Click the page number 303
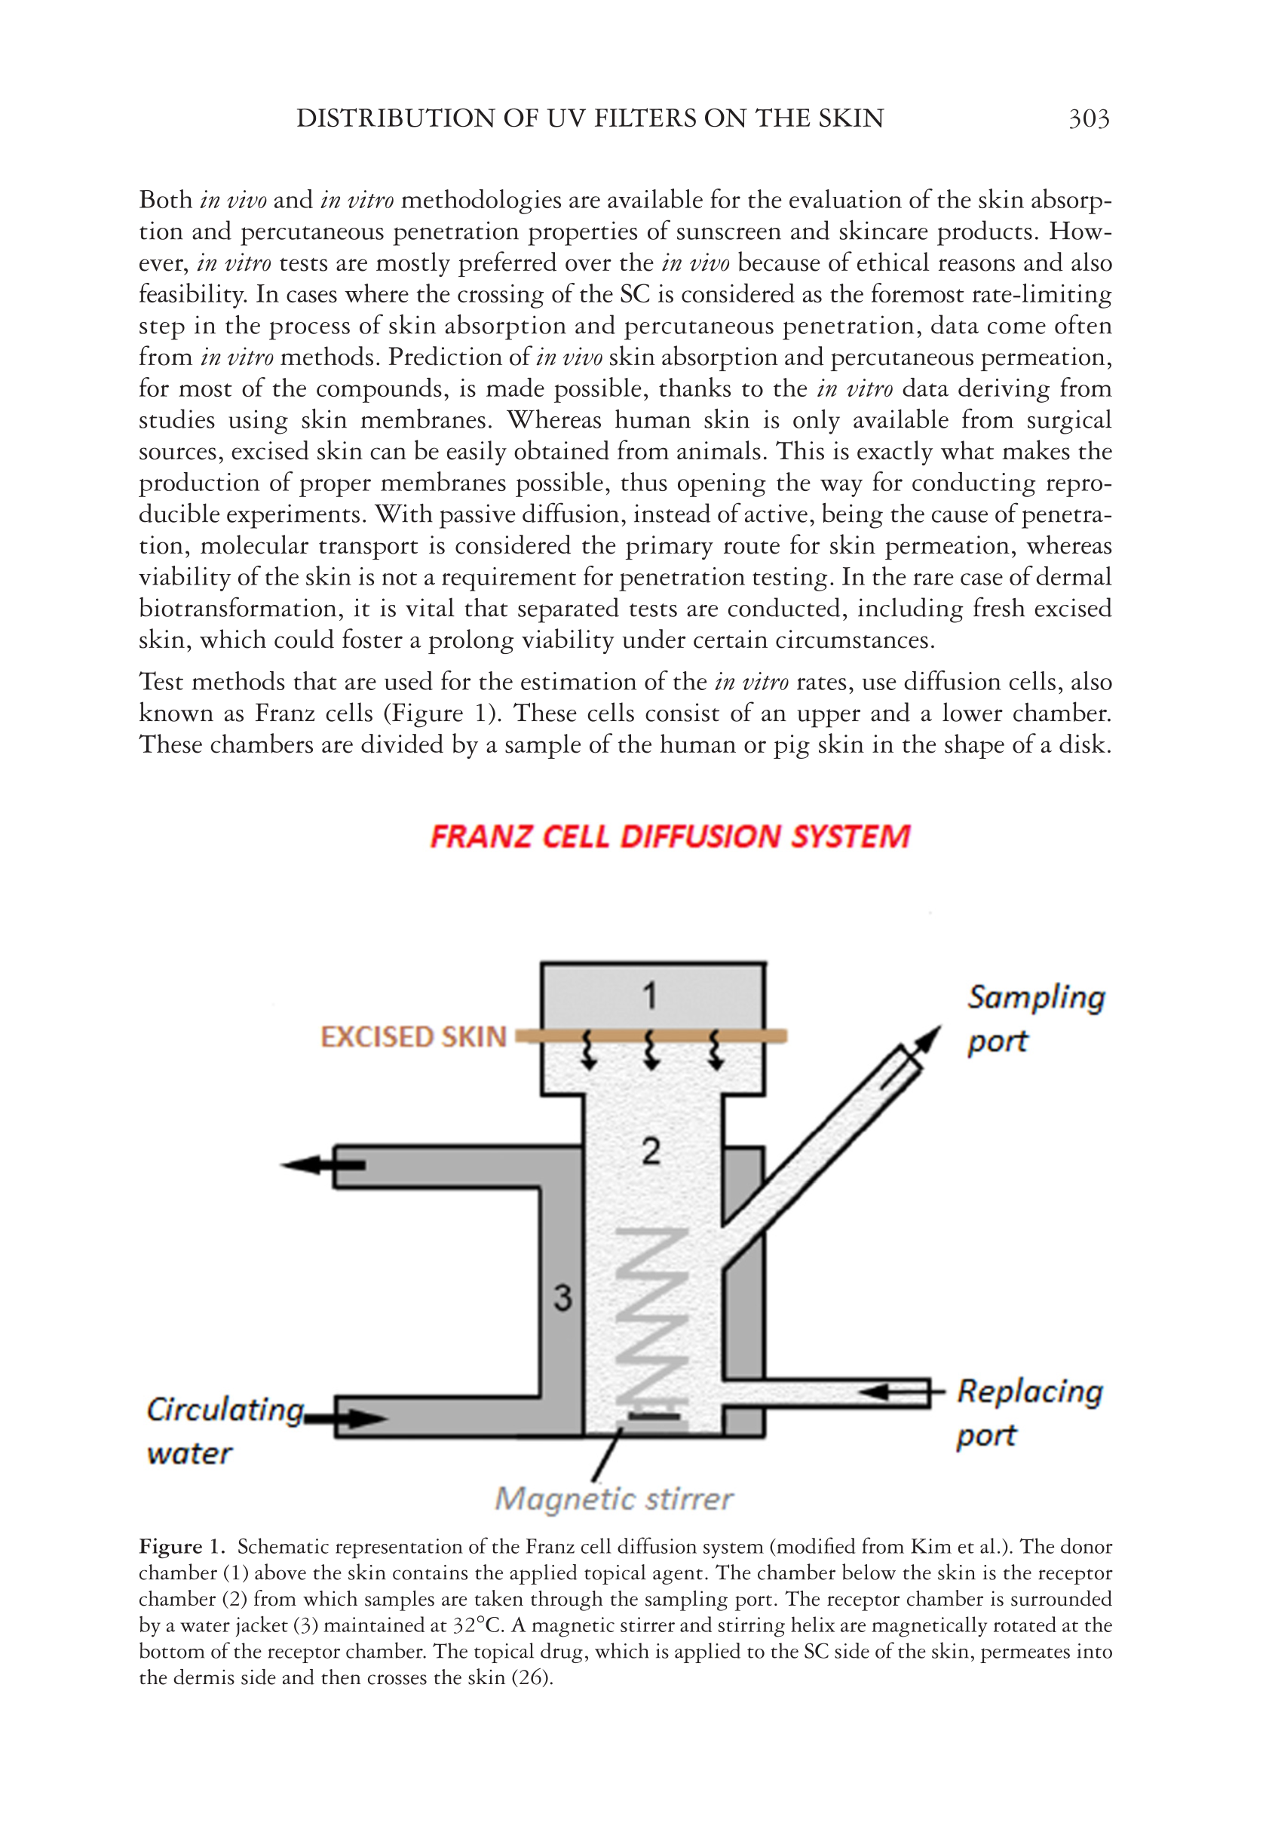point(1088,118)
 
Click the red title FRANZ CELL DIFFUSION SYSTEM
point(670,837)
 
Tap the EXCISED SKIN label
point(413,1037)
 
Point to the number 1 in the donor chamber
point(651,996)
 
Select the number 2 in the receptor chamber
point(651,1152)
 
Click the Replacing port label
point(1028,1413)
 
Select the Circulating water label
point(223,1431)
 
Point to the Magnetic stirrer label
point(614,1499)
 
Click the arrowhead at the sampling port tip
point(927,1039)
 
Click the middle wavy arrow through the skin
point(651,1051)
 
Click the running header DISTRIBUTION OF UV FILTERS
point(590,118)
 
